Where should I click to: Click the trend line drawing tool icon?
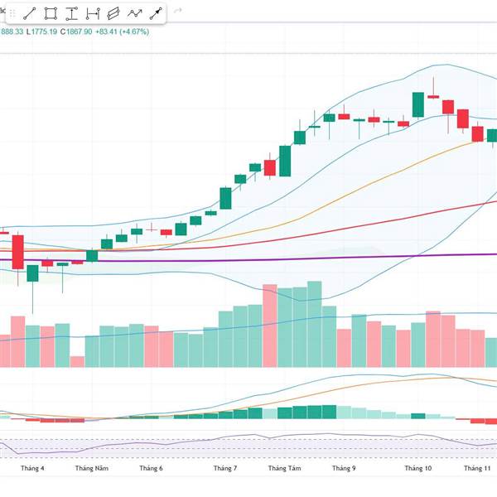click(x=29, y=13)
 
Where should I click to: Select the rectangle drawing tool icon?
click(x=51, y=13)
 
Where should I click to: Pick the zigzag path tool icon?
click(x=134, y=13)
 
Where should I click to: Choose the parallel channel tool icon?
click(x=113, y=13)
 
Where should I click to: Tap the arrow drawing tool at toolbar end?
click(x=155, y=13)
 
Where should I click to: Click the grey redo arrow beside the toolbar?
click(x=176, y=13)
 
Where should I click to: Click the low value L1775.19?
click(x=41, y=32)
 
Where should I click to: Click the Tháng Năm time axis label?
click(x=91, y=468)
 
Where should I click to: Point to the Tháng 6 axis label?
click(x=151, y=468)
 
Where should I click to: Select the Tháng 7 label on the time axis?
click(x=224, y=468)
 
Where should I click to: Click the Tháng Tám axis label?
click(x=284, y=468)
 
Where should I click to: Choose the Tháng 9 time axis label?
click(x=344, y=468)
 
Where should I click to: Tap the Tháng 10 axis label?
click(x=418, y=468)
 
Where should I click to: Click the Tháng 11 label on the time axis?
click(x=477, y=468)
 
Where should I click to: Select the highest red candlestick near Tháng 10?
click(x=433, y=96)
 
